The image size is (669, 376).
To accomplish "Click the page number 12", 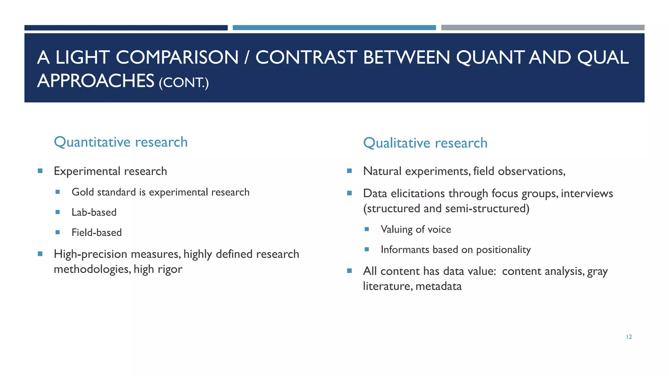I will pos(629,337).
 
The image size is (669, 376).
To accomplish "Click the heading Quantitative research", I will pos(121,142).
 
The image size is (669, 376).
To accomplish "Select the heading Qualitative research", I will pos(425,143).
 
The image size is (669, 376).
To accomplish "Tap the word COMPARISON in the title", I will pos(177,57).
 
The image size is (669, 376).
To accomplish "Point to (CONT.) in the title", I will pos(184,82).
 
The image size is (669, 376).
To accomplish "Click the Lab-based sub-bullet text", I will pos(94,212).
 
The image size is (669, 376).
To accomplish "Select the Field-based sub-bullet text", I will pos(97,233).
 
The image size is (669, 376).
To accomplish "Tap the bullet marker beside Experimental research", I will pos(40,171).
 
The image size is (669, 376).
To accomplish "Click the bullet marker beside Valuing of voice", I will pos(367,229).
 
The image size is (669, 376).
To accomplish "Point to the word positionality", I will pos(503,250).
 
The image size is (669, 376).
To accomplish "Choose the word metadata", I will pos(438,286).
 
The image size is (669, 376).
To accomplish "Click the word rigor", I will pos(170,269).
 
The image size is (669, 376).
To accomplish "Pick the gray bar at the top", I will pos(543,28).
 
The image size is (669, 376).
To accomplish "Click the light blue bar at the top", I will pos(334,28).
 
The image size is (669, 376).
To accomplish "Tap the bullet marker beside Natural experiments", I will pos(349,171).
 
